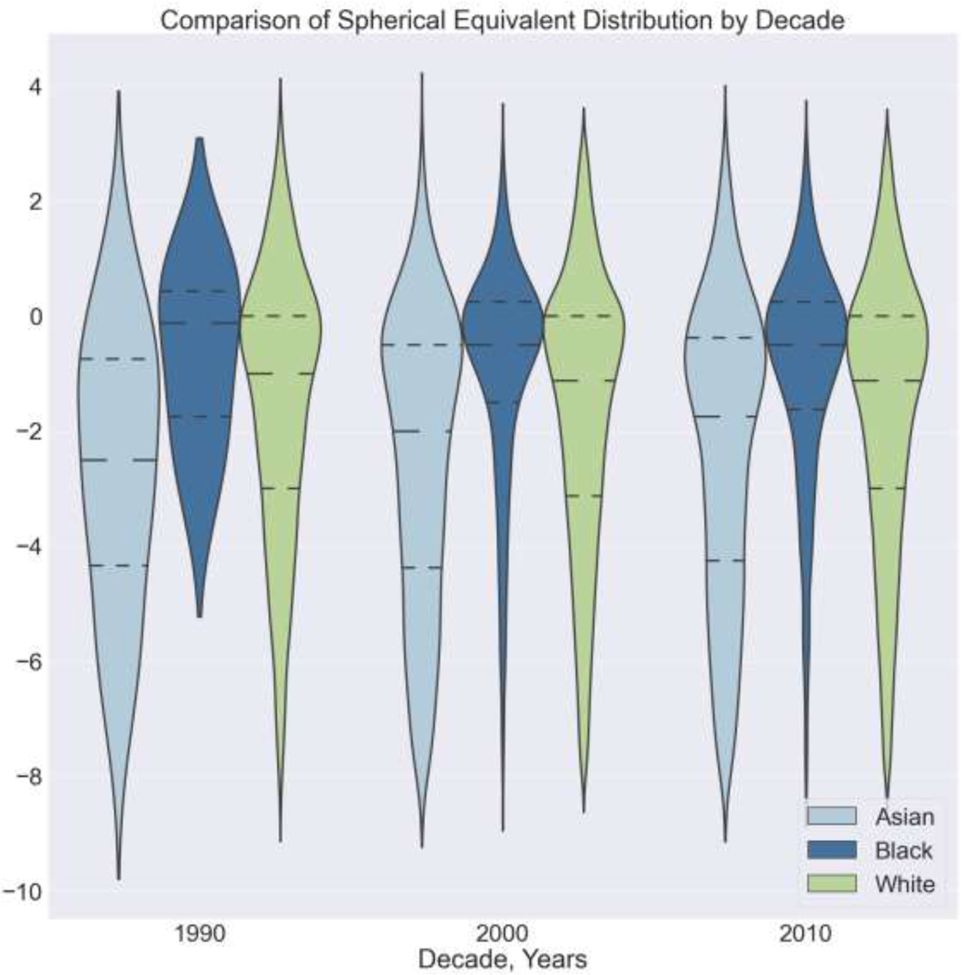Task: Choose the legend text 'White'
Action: pyautogui.click(x=903, y=884)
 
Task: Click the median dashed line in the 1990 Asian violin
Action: pyautogui.click(x=118, y=460)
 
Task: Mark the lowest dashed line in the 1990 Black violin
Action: pyautogui.click(x=199, y=416)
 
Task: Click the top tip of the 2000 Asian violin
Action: pyautogui.click(x=422, y=73)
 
